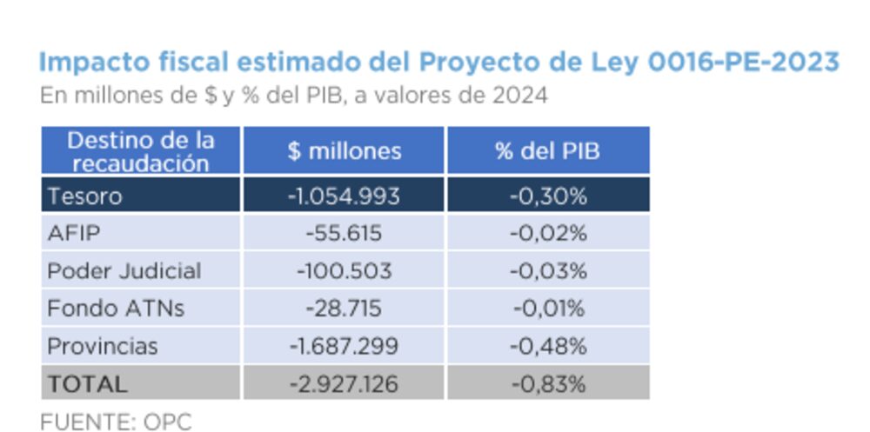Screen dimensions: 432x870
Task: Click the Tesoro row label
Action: click(84, 196)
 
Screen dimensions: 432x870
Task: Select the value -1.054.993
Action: click(344, 196)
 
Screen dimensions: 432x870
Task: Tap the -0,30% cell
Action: click(548, 196)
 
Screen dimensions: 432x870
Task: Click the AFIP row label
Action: click(74, 233)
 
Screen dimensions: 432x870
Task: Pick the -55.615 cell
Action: click(344, 233)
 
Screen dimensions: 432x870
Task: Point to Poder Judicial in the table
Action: click(124, 270)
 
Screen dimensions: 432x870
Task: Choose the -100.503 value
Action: click(344, 270)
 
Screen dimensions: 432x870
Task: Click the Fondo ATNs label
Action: click(116, 308)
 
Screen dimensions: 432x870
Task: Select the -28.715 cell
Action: click(344, 308)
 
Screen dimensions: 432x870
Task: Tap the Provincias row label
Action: click(103, 346)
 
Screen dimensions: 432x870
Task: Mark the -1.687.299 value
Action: click(344, 346)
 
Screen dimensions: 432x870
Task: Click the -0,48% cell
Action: click(548, 346)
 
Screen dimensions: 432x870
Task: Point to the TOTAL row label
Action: click(87, 383)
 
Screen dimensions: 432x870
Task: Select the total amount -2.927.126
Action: click(344, 383)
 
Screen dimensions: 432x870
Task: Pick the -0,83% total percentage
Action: click(548, 383)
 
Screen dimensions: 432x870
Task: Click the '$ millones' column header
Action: click(345, 150)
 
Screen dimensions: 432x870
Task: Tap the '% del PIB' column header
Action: click(548, 150)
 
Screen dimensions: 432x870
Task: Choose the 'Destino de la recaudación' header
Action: click(141, 150)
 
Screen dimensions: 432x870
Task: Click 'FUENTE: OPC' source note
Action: click(116, 422)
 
